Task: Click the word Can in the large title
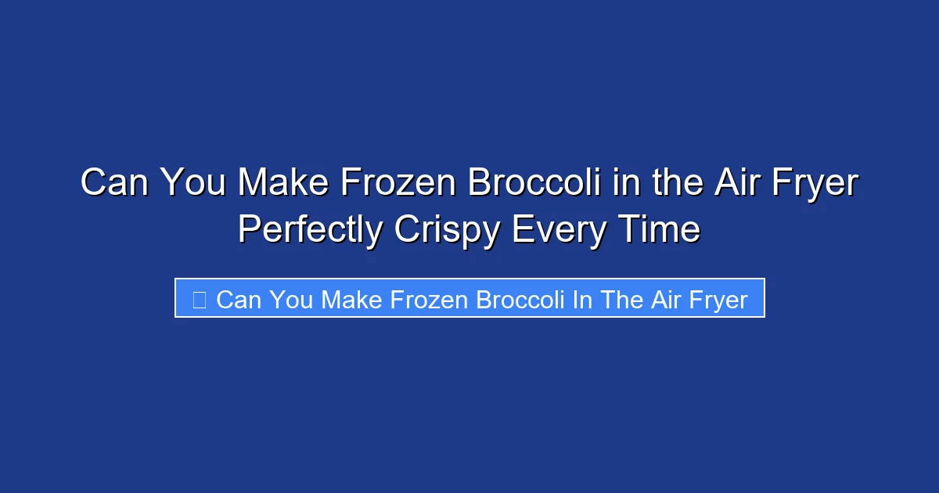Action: (116, 184)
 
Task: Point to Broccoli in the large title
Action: (534, 184)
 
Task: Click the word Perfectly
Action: (311, 231)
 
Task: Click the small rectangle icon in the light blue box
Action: (199, 299)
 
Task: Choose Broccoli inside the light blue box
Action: (520, 299)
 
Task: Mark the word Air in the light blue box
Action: (664, 299)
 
